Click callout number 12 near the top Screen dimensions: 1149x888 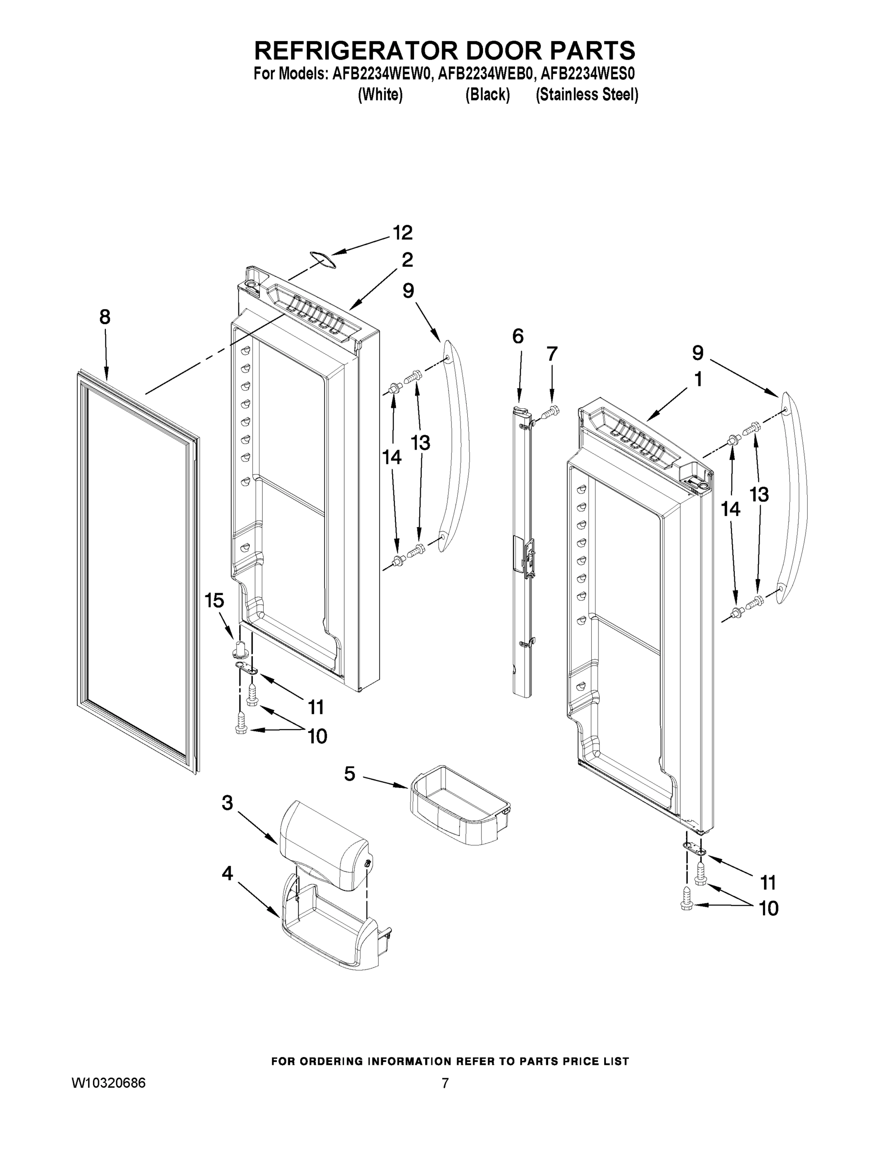tap(403, 233)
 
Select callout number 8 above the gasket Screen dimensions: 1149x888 tap(105, 317)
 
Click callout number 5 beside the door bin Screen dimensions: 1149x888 tap(350, 773)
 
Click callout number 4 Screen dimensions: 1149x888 tap(227, 874)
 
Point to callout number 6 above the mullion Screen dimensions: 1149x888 tap(517, 336)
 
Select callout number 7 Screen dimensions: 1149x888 tap(551, 354)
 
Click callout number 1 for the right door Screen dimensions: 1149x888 tap(698, 379)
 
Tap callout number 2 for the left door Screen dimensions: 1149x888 tap(407, 260)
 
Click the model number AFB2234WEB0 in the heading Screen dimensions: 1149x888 tap(484, 74)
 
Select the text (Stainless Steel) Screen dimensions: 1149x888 tap(586, 95)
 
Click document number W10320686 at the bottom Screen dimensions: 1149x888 tap(108, 1083)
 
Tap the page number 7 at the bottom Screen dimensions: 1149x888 tap(445, 1083)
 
